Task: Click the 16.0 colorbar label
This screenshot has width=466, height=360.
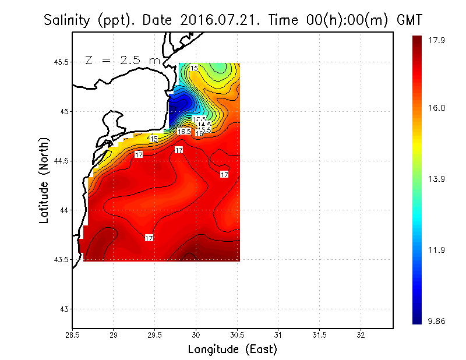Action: [436, 108]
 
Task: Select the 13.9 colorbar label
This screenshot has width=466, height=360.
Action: [436, 179]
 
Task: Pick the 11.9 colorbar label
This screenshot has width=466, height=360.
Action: [436, 250]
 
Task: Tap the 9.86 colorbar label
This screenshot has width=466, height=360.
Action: [436, 321]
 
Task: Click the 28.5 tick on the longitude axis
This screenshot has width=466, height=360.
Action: [72, 335]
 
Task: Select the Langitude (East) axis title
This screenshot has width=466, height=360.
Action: [232, 350]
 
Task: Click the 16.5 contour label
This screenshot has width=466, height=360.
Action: [184, 132]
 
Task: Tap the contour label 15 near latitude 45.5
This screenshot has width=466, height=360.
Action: [194, 68]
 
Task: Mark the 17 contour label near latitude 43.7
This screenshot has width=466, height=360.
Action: [149, 238]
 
